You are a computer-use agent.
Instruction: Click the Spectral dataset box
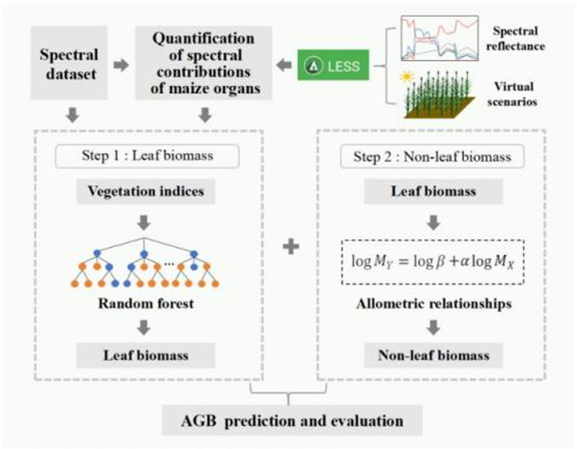[x=68, y=63]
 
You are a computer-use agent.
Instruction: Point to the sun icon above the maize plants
[x=405, y=76]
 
